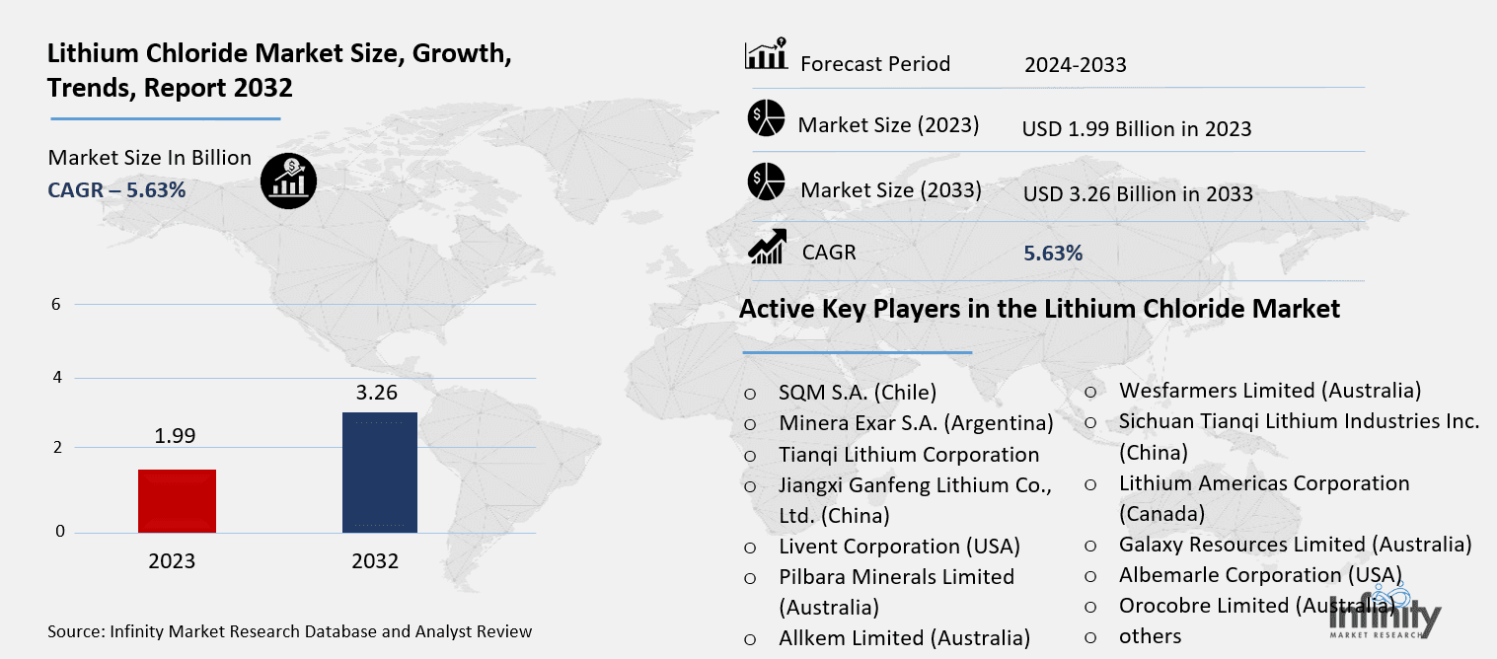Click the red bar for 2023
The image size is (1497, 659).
pos(177,500)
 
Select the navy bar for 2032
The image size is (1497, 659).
pos(379,473)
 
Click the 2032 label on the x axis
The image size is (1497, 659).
pos(375,561)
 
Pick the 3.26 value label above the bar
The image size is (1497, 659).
pos(376,393)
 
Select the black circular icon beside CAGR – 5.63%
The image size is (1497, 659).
pos(288,182)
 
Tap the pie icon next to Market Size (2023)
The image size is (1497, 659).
pos(766,119)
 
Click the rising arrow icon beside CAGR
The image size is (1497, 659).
pos(767,247)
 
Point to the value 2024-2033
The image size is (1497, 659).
pos(1075,65)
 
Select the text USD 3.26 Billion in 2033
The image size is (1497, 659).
pos(1137,193)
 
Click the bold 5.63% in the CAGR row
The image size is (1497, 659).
pos(1053,254)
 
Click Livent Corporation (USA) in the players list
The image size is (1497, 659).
pos(899,546)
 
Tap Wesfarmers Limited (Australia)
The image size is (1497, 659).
pos(1269,390)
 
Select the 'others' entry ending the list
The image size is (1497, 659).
pos(1150,636)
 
